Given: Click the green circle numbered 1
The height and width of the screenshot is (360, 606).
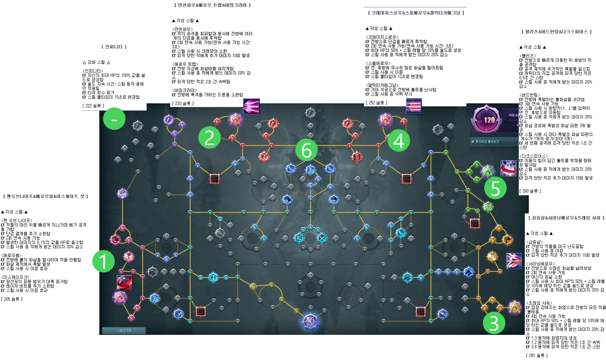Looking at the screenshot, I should [x=103, y=261].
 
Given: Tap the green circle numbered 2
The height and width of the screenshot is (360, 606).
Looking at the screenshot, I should [x=209, y=138].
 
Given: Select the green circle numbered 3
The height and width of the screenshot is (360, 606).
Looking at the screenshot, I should [x=494, y=323].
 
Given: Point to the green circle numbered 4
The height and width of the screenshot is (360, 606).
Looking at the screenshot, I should [x=399, y=141].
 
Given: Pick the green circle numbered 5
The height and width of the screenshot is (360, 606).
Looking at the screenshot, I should [x=495, y=188].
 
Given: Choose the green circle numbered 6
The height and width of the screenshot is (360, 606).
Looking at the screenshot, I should [x=306, y=150].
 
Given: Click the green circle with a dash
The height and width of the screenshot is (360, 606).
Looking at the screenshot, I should [x=114, y=119].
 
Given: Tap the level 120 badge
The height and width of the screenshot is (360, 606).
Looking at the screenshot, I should [x=489, y=120].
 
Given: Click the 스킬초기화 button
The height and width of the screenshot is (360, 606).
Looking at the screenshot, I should [x=124, y=330].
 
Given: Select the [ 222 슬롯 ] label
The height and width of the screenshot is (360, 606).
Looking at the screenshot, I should [x=93, y=106].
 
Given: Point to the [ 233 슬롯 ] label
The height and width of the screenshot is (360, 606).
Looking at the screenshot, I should [x=183, y=103].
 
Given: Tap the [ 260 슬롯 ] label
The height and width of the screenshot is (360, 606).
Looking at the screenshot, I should [x=530, y=191].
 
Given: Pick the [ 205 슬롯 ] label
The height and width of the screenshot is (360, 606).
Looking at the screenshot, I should [x=12, y=299].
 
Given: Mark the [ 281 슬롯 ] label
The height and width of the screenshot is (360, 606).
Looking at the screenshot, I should [x=537, y=355].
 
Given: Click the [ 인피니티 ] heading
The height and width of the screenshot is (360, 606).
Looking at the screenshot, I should [x=114, y=47].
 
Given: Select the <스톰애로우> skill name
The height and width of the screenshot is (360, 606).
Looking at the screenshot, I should [x=378, y=63].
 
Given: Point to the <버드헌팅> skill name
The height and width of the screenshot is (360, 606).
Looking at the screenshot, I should [x=530, y=95].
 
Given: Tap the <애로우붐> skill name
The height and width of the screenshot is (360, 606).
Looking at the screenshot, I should [x=11, y=255].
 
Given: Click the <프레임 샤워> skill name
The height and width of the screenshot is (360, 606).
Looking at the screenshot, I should [x=539, y=303].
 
